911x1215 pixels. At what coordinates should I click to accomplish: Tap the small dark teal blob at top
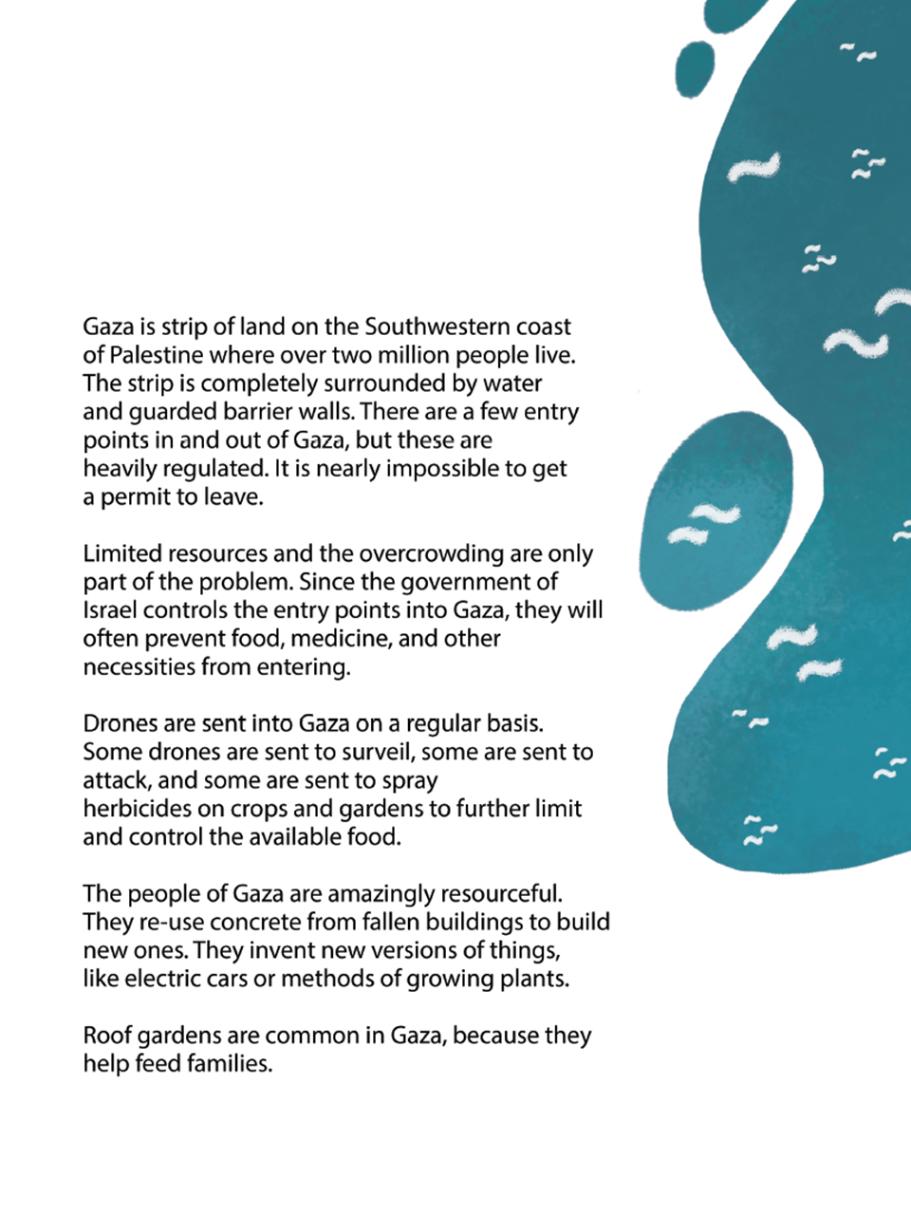point(695,68)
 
